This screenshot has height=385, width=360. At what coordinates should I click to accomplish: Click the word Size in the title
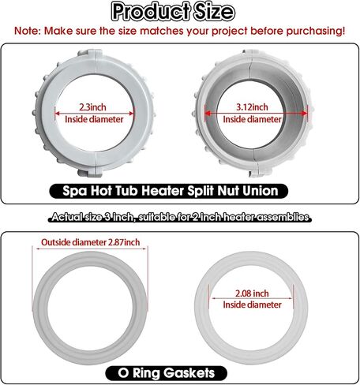(214, 12)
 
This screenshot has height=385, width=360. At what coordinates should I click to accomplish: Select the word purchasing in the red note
(316, 31)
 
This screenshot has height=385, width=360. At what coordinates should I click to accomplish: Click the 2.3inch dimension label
(92, 107)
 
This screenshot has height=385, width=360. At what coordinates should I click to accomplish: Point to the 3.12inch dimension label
(252, 107)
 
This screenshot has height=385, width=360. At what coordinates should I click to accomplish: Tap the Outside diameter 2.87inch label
(90, 242)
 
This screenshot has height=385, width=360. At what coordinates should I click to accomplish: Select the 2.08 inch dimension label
(252, 293)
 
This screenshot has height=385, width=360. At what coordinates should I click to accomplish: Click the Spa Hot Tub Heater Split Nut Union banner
(169, 191)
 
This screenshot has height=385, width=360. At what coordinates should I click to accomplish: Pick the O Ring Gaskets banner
(166, 373)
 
